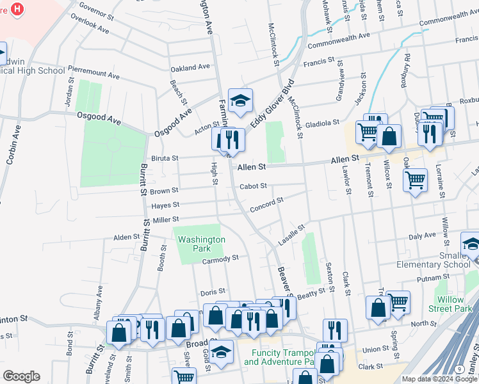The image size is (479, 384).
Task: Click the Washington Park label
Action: [x=201, y=244]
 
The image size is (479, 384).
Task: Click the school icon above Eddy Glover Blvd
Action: [x=240, y=101]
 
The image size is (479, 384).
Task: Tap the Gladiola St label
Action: [x=321, y=123]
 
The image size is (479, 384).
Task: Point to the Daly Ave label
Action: [x=421, y=236]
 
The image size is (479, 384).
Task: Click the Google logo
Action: [x=21, y=376]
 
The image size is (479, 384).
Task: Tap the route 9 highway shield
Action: [x=459, y=369]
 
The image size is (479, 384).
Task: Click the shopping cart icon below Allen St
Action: [x=415, y=179]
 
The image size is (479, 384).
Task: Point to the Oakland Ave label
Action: [x=190, y=67]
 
